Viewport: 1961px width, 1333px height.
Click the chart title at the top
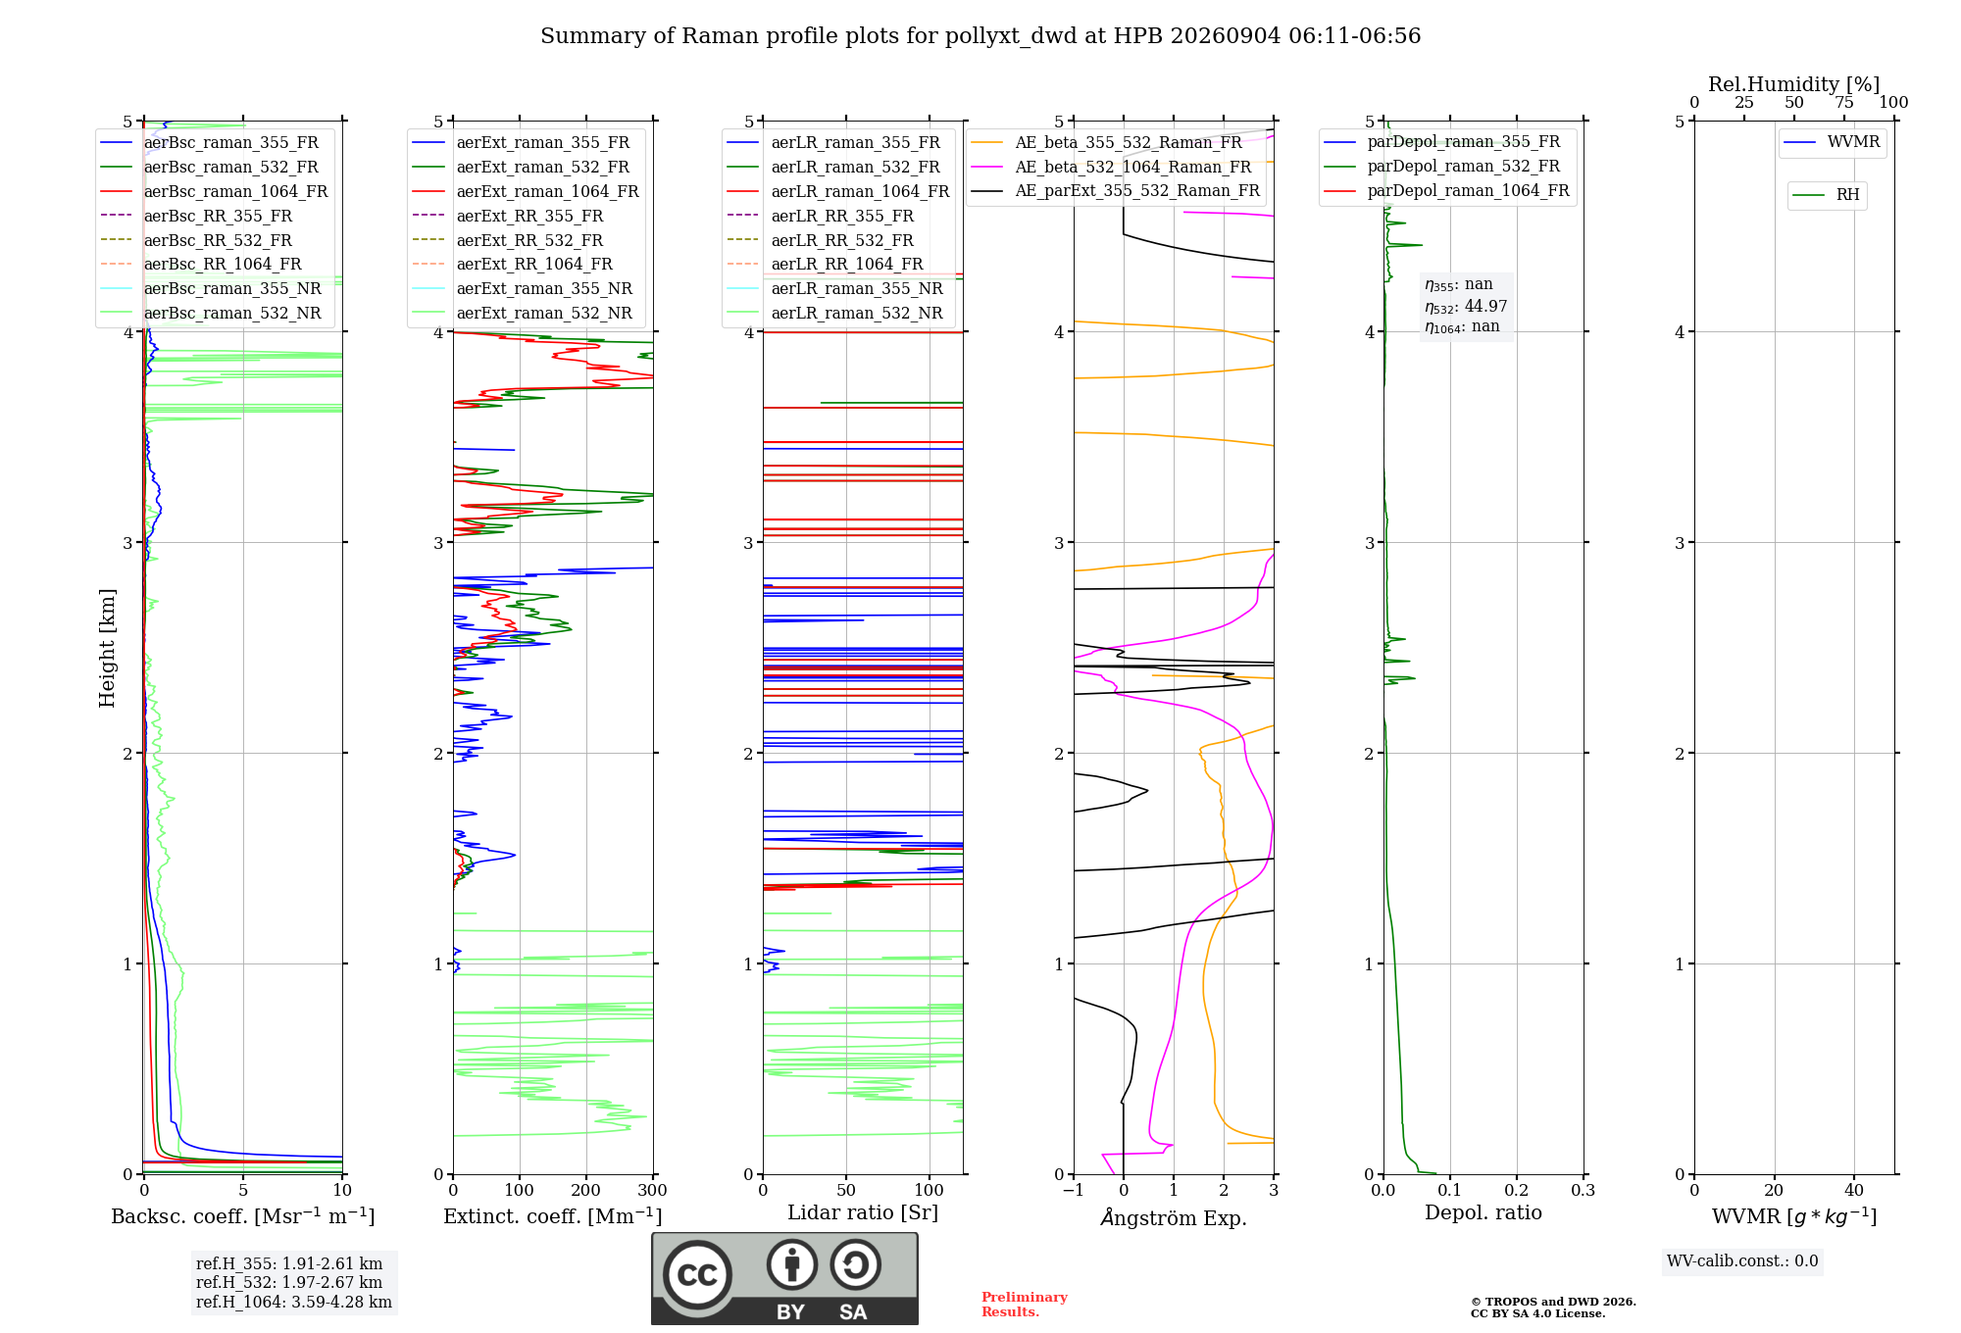click(x=980, y=36)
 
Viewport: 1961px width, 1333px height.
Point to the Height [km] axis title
click(x=107, y=648)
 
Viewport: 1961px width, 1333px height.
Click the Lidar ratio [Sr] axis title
click(x=863, y=1212)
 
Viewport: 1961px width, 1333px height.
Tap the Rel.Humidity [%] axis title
click(x=1794, y=84)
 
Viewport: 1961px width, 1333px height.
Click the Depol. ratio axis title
click(x=1483, y=1212)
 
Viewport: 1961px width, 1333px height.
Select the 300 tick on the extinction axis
click(x=653, y=1191)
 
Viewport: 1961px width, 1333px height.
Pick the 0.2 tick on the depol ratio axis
click(x=1517, y=1191)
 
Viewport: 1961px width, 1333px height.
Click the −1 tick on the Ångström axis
click(x=1073, y=1191)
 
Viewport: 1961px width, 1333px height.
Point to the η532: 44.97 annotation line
click(x=1466, y=307)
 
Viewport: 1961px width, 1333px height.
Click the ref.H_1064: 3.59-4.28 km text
click(x=294, y=1303)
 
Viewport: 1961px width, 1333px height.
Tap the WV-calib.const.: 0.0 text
click(x=1742, y=1261)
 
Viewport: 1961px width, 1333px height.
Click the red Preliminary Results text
click(x=1025, y=1305)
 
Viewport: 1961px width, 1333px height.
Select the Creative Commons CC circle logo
click(x=697, y=1274)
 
